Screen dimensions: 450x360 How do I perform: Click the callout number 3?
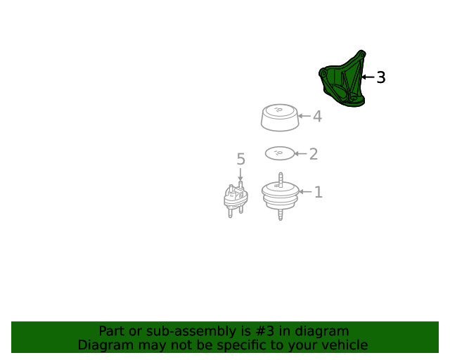click(x=381, y=77)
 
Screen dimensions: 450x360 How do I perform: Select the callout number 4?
click(x=317, y=117)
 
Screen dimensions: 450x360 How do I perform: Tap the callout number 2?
click(x=314, y=154)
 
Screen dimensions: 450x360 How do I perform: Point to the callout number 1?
click(x=319, y=192)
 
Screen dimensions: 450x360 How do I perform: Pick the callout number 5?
click(x=240, y=159)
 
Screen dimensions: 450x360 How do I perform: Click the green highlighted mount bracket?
click(x=342, y=80)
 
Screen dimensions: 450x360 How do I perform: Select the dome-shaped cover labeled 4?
click(x=280, y=117)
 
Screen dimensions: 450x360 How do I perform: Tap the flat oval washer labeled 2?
click(x=280, y=153)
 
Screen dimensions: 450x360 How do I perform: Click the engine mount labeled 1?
click(x=281, y=197)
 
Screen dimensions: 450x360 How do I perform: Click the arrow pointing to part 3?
click(x=368, y=77)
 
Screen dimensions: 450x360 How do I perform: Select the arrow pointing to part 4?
click(x=304, y=116)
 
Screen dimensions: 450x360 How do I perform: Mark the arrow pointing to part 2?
click(x=300, y=153)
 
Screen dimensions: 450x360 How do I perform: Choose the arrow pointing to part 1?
click(x=305, y=191)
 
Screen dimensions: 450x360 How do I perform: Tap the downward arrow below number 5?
click(x=240, y=174)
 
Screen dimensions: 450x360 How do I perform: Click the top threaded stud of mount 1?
click(x=281, y=179)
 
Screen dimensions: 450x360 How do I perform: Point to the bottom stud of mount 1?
click(x=281, y=215)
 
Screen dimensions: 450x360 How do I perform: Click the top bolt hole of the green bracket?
click(x=362, y=54)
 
